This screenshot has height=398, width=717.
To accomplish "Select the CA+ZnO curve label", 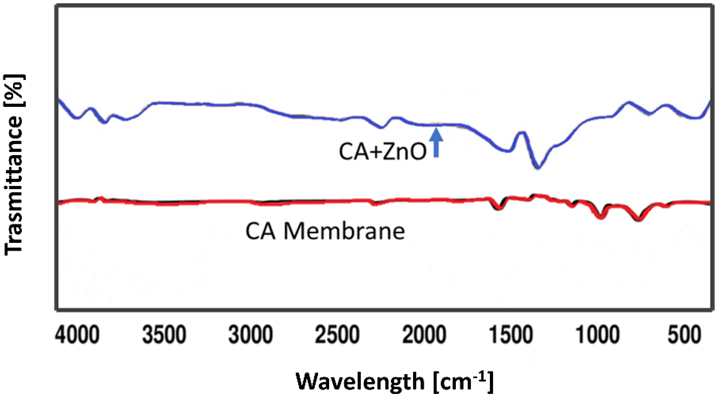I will (383, 152).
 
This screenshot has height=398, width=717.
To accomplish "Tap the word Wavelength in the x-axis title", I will (360, 381).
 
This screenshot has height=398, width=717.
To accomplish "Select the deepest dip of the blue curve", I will (538, 168).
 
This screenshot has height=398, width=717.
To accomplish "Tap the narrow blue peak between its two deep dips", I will (521, 133).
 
